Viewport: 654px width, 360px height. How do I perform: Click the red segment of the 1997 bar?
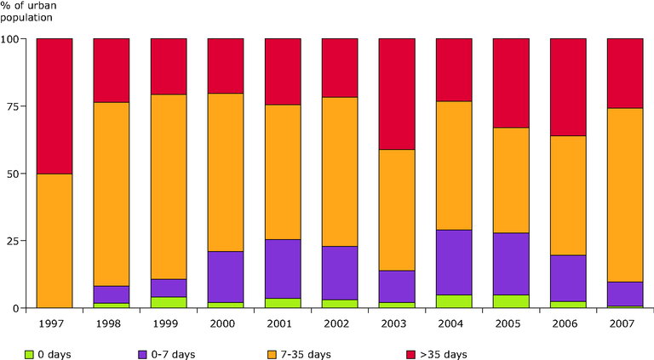point(54,106)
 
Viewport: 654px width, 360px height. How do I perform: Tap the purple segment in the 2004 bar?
point(454,262)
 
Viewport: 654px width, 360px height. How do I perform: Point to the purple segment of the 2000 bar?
point(226,277)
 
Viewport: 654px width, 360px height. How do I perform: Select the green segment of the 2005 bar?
point(511,300)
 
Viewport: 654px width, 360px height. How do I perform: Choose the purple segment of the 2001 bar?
point(283,269)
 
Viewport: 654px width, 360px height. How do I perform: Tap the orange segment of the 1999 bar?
point(169,186)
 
